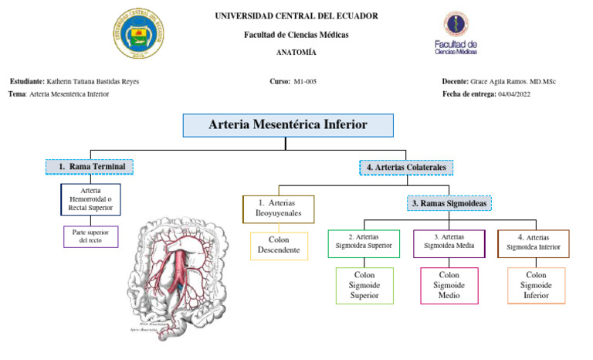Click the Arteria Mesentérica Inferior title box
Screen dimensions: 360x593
(288, 125)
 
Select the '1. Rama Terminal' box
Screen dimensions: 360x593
(90, 166)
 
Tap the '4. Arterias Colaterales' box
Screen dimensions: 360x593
(407, 167)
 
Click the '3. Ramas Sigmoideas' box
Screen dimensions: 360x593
(449, 203)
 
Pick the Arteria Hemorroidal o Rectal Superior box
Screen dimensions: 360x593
(90, 199)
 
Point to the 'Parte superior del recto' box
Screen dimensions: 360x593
(90, 236)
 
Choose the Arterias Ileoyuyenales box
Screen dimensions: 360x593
(278, 209)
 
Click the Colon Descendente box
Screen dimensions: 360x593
(278, 246)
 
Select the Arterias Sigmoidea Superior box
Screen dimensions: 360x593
(364, 243)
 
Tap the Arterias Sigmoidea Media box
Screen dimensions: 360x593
(449, 243)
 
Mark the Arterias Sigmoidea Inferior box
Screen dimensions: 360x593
(533, 243)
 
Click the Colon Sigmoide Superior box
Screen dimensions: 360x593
(364, 285)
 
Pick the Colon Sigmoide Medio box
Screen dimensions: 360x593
(449, 285)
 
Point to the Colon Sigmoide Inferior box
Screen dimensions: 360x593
(536, 285)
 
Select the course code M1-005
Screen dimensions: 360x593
(305, 81)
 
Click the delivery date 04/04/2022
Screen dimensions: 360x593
(514, 94)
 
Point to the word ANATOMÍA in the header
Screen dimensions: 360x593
(296, 53)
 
